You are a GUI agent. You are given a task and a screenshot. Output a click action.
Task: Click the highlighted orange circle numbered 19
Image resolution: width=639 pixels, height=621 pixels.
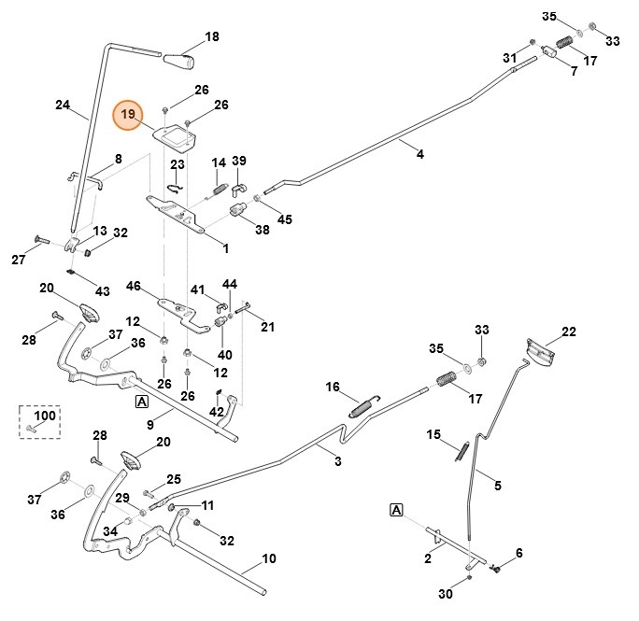click(128, 116)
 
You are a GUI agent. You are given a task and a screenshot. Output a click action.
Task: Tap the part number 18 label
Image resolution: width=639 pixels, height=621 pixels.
click(212, 36)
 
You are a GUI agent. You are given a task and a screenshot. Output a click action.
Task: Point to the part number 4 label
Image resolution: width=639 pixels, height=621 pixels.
click(419, 154)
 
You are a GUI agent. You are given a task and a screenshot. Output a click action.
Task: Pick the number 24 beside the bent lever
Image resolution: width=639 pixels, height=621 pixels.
click(64, 106)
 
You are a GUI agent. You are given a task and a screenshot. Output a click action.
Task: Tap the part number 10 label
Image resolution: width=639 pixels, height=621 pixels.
click(269, 558)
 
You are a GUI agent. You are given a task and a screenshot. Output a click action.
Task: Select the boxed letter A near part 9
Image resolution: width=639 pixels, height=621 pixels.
click(142, 402)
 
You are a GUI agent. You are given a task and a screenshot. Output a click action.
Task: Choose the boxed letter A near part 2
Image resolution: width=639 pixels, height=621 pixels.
click(397, 509)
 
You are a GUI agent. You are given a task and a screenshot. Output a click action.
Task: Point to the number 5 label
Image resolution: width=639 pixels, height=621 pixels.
click(497, 486)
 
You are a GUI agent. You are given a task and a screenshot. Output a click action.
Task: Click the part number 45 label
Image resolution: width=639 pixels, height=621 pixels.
click(285, 219)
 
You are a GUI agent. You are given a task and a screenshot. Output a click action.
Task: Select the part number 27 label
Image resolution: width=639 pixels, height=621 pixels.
click(19, 260)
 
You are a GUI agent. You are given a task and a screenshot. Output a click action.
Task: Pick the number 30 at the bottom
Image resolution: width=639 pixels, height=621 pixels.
click(446, 594)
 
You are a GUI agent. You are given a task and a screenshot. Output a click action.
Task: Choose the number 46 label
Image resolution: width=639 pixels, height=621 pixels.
click(133, 286)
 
